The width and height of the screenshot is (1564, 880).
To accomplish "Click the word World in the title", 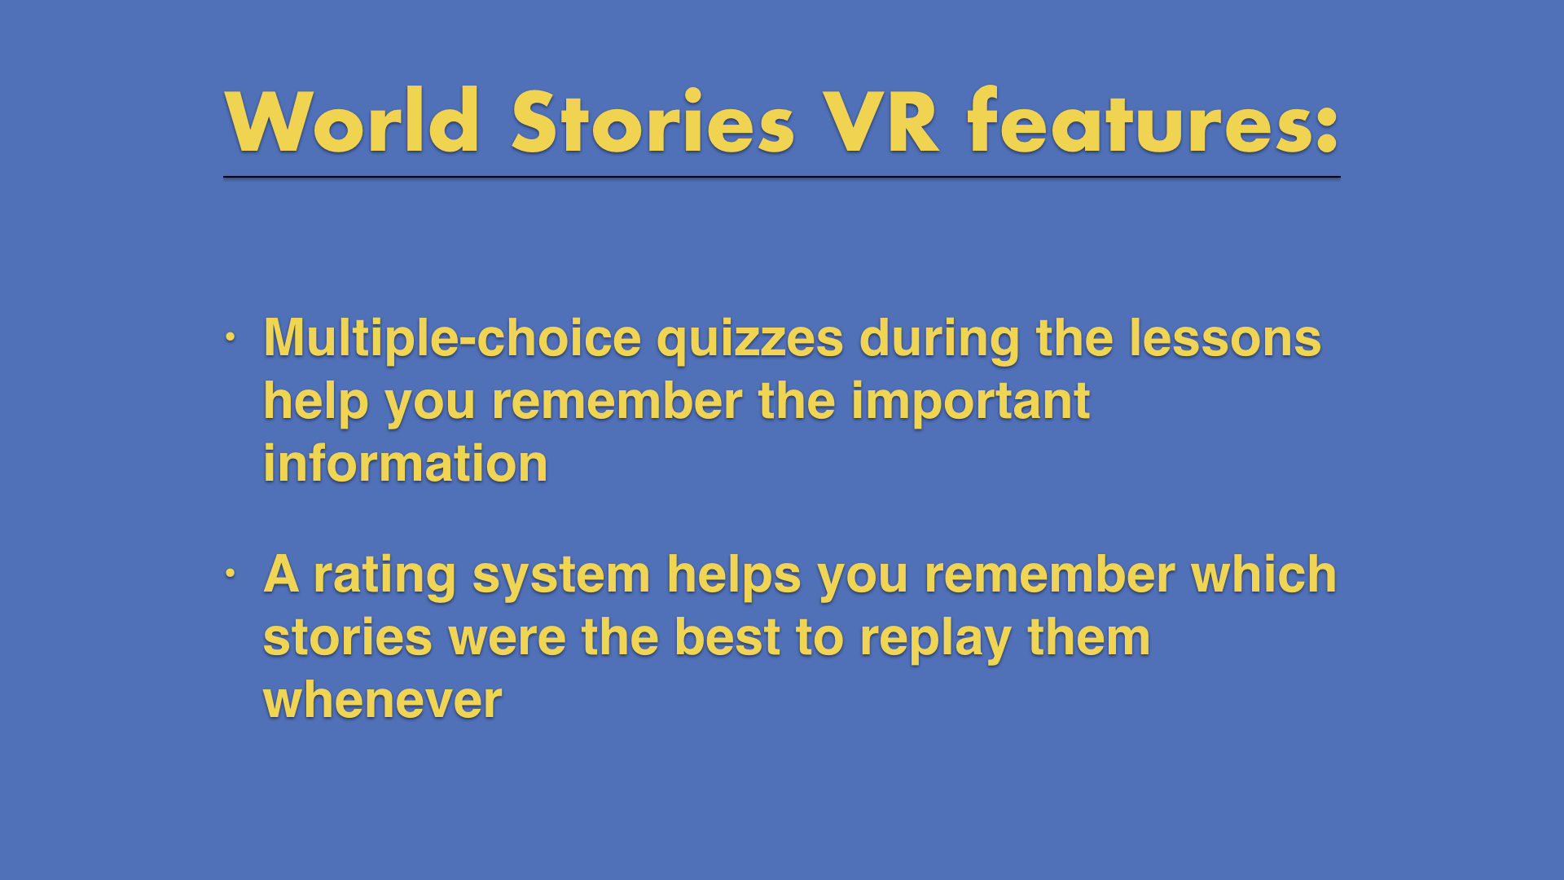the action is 352,121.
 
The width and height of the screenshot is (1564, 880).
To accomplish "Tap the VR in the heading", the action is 881,121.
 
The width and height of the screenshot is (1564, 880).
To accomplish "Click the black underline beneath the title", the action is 782,176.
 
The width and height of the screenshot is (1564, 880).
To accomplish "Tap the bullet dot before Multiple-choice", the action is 231,336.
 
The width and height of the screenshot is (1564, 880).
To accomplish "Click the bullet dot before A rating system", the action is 231,573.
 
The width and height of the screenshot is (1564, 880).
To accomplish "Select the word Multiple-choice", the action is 452,339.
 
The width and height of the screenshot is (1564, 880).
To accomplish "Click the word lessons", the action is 1225,339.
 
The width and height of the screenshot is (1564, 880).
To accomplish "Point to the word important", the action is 970,403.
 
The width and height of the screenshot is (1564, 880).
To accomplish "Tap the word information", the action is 406,464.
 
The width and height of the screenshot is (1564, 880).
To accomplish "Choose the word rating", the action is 384,576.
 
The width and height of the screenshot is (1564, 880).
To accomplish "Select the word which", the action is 1263,574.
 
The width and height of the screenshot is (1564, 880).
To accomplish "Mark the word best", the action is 727,638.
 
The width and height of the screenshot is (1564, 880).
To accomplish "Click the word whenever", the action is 383,701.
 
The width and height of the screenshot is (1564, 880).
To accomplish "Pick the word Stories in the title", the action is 652,121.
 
